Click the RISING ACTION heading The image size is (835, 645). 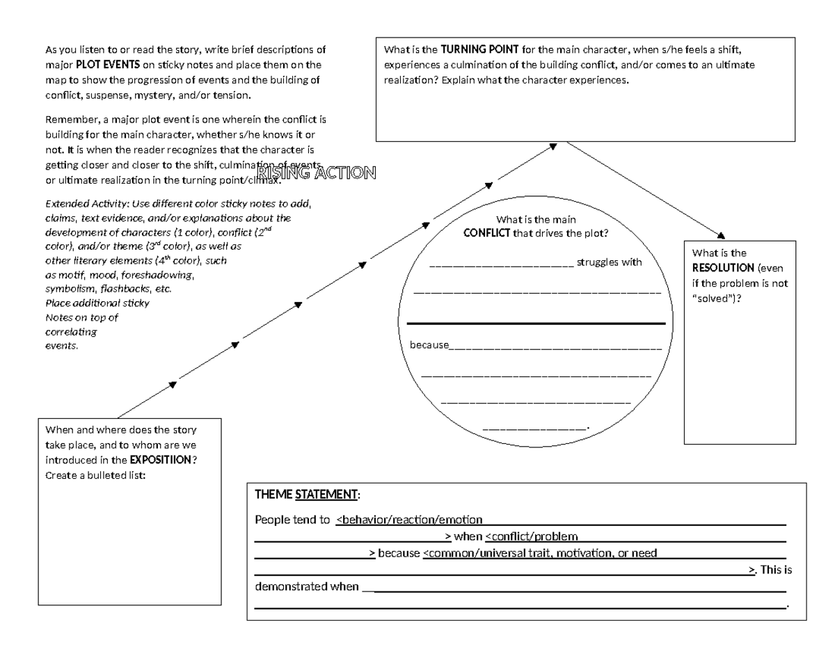click(x=317, y=173)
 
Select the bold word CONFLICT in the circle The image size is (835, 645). click(x=487, y=233)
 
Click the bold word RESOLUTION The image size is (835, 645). click(x=723, y=268)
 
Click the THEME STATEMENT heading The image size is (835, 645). click(x=307, y=495)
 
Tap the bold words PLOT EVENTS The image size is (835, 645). click(x=108, y=65)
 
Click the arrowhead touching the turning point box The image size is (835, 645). click(x=552, y=146)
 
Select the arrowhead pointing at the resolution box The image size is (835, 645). click(x=721, y=236)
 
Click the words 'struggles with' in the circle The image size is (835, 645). click(x=610, y=262)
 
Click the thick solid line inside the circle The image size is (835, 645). click(x=536, y=324)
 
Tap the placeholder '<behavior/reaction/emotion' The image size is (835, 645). click(x=409, y=519)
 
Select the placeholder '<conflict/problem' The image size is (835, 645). click(x=531, y=536)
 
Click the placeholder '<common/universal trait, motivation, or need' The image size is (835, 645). click(x=540, y=554)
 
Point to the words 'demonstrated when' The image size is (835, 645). click(x=307, y=587)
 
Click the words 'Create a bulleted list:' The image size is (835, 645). click(x=95, y=475)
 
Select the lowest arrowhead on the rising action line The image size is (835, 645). click(x=172, y=384)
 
